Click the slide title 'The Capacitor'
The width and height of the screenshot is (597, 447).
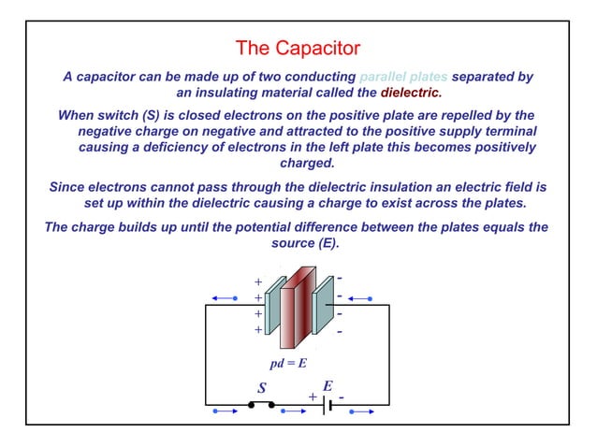(x=298, y=47)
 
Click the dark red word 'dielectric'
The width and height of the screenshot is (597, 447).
(x=410, y=93)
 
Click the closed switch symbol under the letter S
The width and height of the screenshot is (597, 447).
(x=261, y=405)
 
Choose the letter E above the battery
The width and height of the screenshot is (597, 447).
(x=328, y=385)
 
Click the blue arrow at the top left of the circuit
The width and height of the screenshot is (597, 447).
(x=224, y=297)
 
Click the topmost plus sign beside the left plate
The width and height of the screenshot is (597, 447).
(x=258, y=281)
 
